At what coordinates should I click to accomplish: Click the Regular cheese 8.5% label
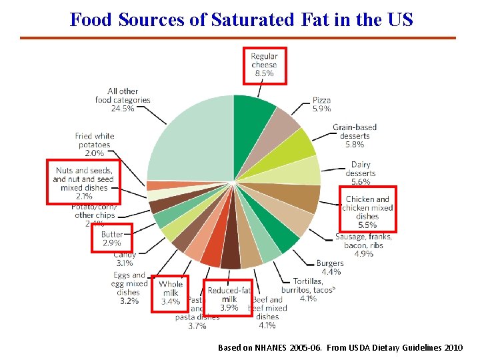click(264, 65)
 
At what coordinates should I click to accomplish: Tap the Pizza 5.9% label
click(321, 104)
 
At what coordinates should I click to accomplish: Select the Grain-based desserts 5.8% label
click(354, 135)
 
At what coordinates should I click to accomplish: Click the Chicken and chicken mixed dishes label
click(368, 212)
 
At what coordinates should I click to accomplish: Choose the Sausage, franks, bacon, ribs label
click(363, 245)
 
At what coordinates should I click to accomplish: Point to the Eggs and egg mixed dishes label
click(129, 288)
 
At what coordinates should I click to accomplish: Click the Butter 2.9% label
click(111, 239)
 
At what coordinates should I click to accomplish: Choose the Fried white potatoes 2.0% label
click(94, 145)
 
